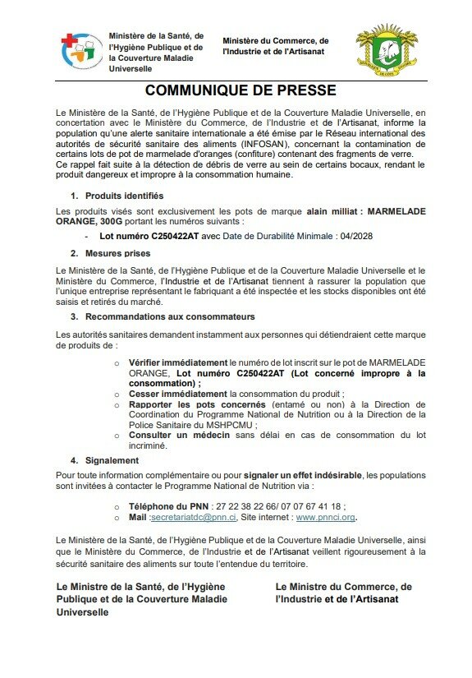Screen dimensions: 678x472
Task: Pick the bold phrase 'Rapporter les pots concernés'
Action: pos(198,404)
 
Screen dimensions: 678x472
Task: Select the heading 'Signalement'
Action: pos(111,460)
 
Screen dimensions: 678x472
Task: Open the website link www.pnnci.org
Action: pos(325,519)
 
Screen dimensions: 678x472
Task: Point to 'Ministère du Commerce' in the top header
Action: pos(275,40)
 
